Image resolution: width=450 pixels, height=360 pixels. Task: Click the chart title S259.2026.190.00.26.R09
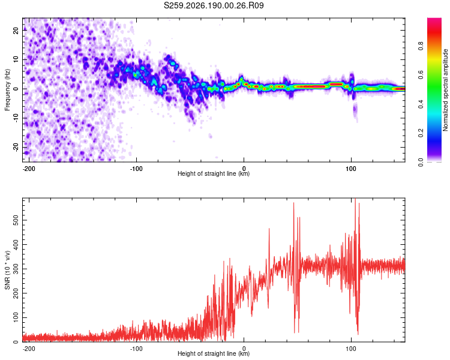click(x=214, y=5)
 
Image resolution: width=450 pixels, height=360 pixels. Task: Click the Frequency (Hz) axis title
click(x=7, y=90)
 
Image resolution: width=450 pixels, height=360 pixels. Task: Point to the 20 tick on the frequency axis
click(x=16, y=30)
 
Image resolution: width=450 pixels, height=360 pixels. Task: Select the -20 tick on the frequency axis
click(x=16, y=147)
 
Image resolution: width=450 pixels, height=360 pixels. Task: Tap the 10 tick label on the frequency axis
click(x=16, y=59)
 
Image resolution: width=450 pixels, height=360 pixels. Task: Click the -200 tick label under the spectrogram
click(x=29, y=169)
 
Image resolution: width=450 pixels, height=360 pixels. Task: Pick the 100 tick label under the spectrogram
click(x=351, y=169)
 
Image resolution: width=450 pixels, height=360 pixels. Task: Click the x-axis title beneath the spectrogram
click(x=214, y=173)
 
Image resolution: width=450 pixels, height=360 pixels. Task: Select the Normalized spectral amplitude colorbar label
click(x=445, y=90)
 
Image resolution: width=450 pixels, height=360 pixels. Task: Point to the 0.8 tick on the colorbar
click(x=421, y=46)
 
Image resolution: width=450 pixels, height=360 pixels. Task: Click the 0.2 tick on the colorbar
click(x=421, y=133)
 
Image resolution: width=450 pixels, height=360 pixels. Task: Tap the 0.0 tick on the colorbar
click(x=421, y=162)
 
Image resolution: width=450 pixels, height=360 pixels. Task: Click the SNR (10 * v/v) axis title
click(x=7, y=270)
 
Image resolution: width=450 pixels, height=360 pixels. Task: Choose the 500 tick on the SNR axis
click(x=16, y=220)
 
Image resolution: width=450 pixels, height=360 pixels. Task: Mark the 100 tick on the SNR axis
click(x=16, y=317)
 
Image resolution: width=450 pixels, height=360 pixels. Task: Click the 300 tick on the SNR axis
click(x=16, y=269)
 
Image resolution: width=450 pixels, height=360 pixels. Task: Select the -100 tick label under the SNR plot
click(x=136, y=349)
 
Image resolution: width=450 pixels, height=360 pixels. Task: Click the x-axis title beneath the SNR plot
click(x=214, y=353)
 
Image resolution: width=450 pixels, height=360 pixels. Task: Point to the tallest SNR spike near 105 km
click(x=356, y=199)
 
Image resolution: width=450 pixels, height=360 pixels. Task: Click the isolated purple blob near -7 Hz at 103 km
click(x=355, y=109)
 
